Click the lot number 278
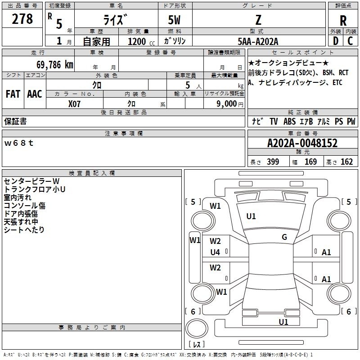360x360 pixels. [22, 18]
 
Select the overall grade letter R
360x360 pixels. [343, 21]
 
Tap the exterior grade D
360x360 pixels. [336, 41]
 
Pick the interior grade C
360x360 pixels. [350, 41]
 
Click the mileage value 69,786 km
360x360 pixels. [55, 65]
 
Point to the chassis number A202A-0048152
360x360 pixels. [302, 143]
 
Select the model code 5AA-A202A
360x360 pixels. [258, 41]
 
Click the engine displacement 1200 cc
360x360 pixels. [141, 41]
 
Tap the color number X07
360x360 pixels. [74, 104]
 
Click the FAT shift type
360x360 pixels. [13, 94]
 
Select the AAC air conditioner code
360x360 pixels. [35, 94]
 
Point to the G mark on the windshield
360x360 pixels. [284, 237]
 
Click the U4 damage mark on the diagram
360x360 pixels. [215, 252]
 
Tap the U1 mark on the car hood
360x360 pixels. [251, 216]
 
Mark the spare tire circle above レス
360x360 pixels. [197, 328]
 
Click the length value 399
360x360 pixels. [273, 162]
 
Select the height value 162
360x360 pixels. [346, 162]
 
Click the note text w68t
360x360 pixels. [19, 143]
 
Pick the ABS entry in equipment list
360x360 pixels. [289, 121]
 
